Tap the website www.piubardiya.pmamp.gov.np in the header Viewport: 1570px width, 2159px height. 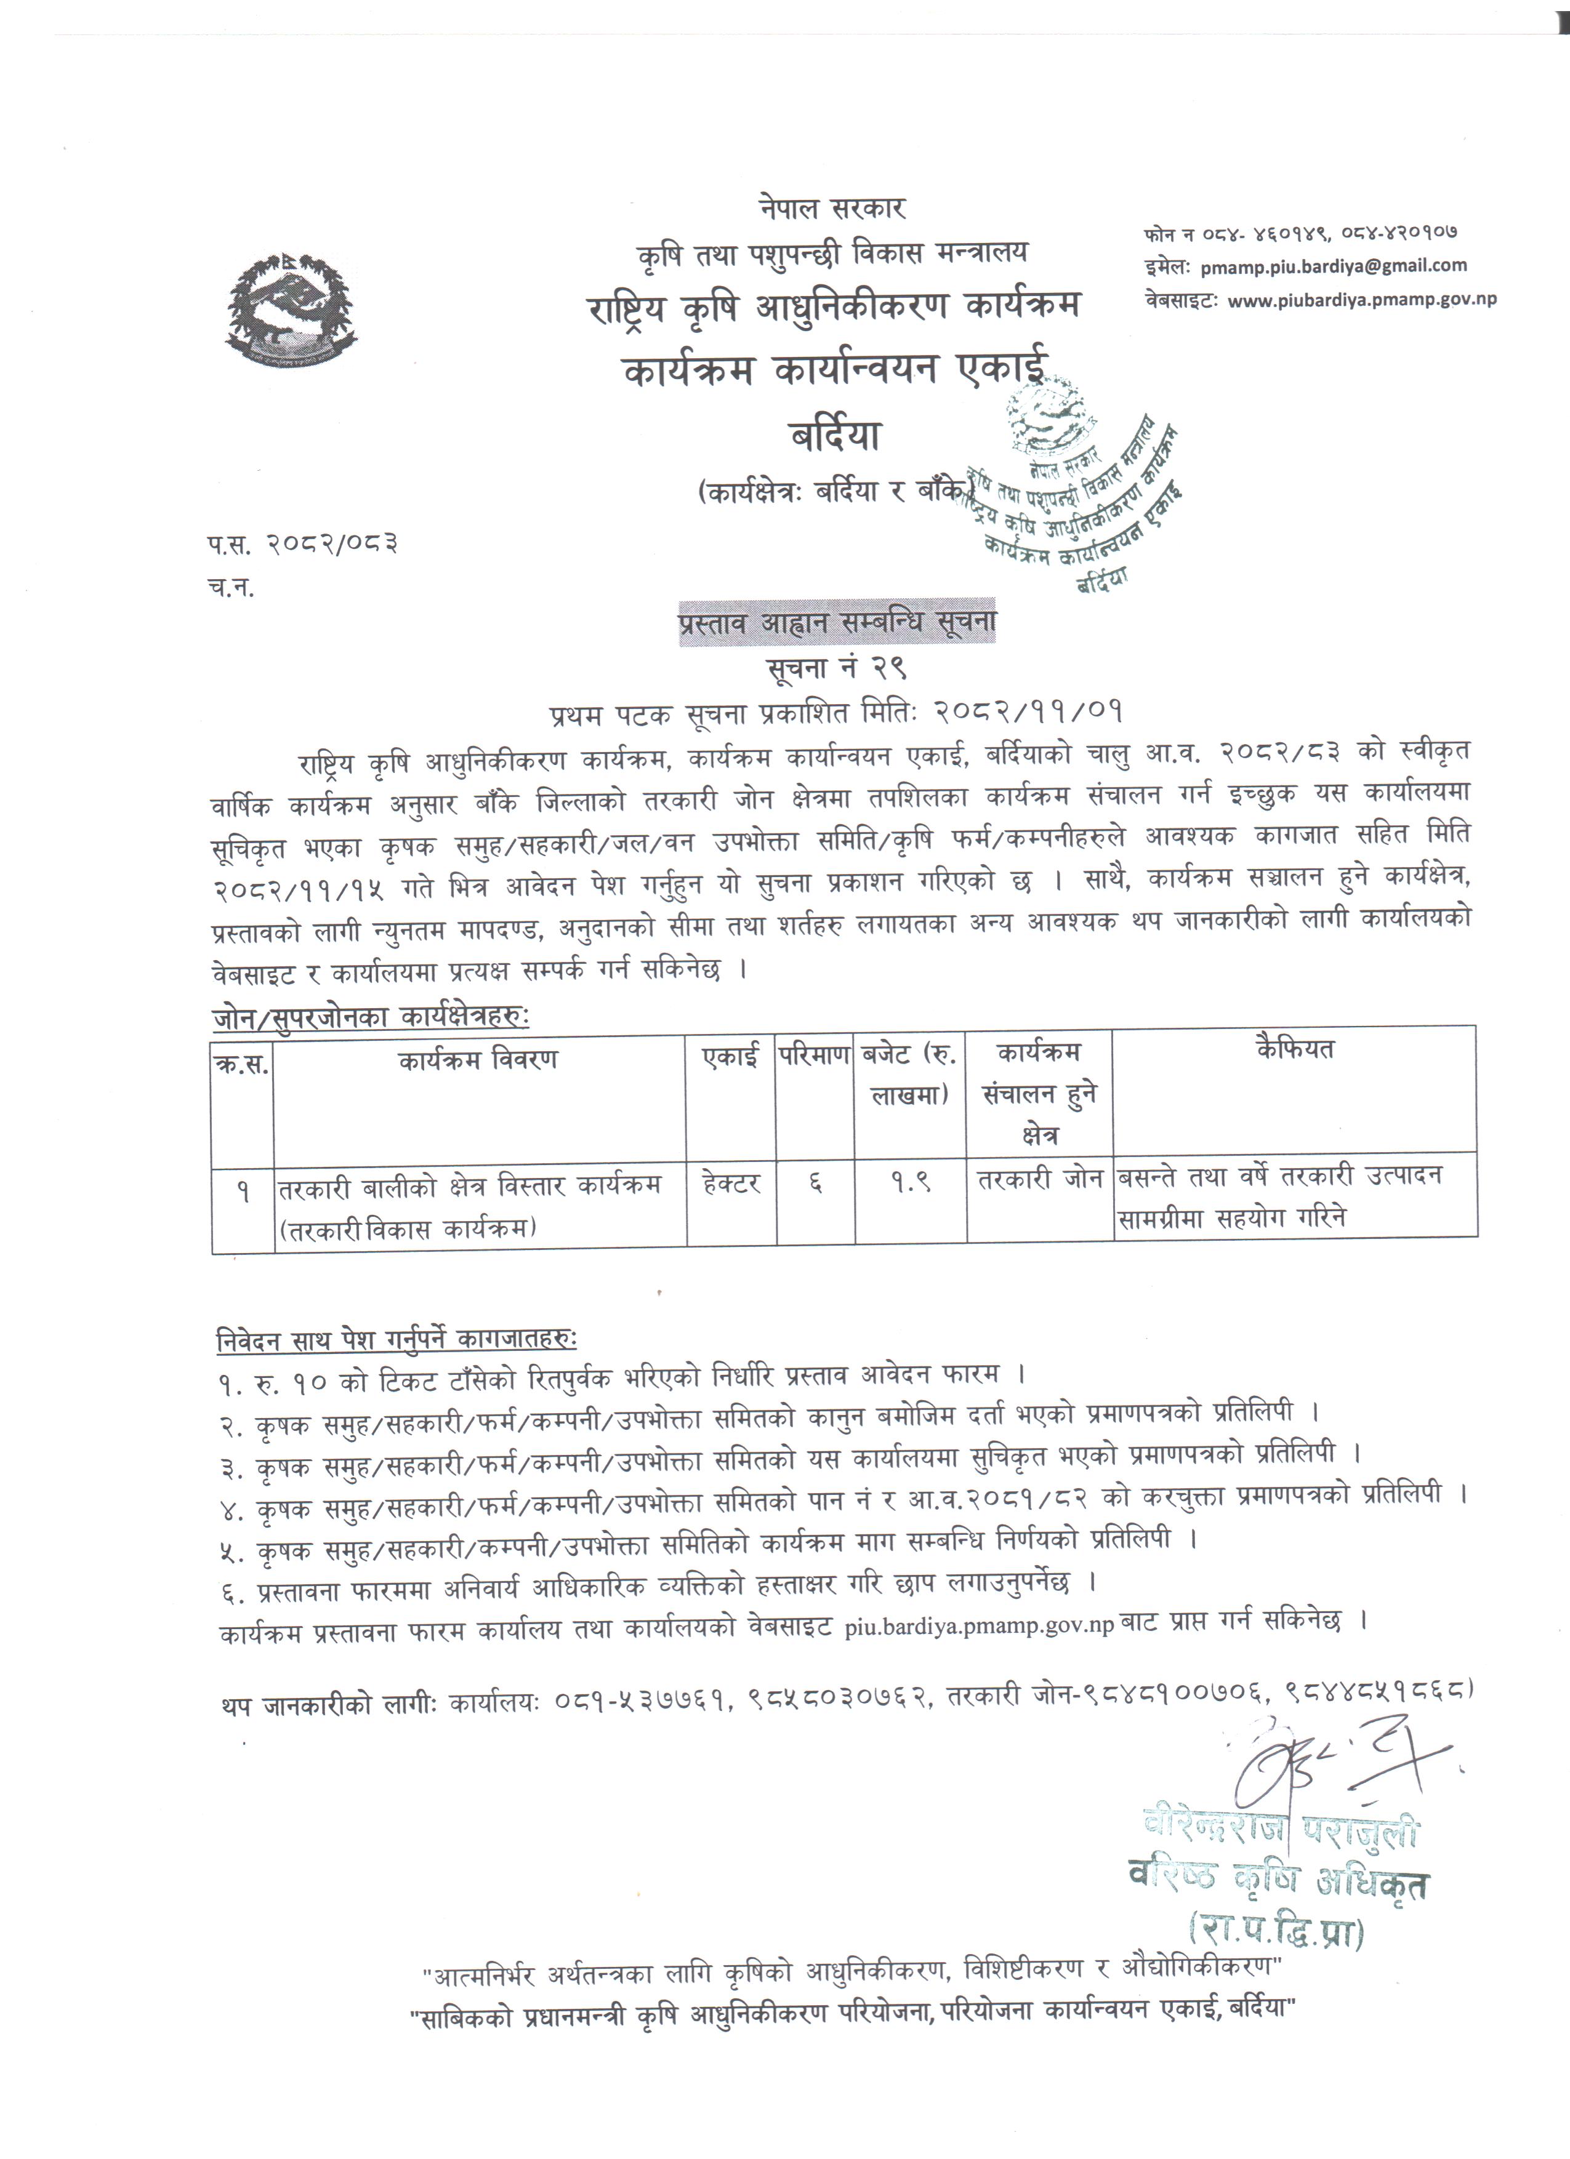[x=1361, y=300]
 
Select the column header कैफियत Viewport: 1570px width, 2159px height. [x=1295, y=1049]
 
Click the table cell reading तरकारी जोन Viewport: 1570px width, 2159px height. [x=1041, y=1179]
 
